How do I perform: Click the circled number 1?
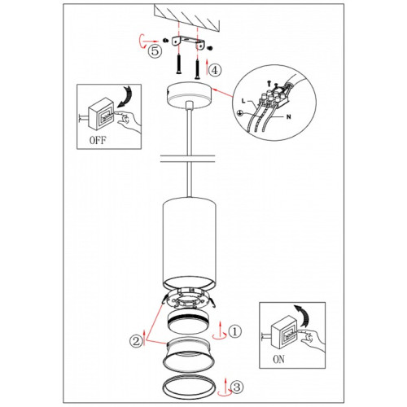[235, 331]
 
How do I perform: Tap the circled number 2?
[136, 341]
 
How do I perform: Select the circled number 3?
[237, 387]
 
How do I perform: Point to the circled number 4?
[215, 70]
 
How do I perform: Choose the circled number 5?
[155, 50]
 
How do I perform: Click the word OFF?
[98, 140]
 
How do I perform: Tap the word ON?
[279, 359]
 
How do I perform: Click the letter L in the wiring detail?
[243, 101]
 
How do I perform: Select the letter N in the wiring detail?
[289, 117]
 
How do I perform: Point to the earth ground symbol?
[239, 113]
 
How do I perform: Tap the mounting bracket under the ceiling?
[188, 42]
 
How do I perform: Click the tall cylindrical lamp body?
[189, 243]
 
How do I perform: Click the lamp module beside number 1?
[189, 322]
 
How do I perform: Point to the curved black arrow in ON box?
[303, 316]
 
